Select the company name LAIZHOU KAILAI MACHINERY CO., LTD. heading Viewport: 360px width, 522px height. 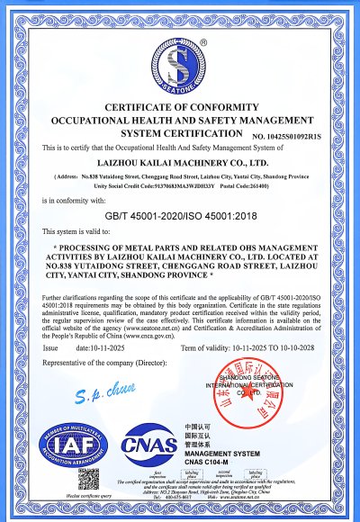click(x=180, y=163)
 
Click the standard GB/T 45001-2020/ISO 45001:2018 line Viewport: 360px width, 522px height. click(x=180, y=216)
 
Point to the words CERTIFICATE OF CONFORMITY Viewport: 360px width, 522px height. click(x=180, y=107)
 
